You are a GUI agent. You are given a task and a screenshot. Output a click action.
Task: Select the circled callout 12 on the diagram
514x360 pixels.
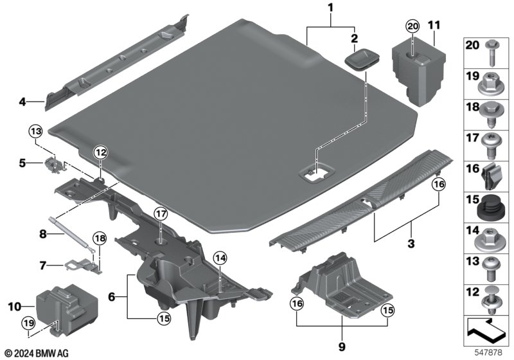[x=100, y=152]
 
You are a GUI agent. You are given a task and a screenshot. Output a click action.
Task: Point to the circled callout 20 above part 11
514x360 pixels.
[x=412, y=26]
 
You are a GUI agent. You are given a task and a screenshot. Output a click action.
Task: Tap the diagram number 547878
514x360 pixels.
[x=490, y=352]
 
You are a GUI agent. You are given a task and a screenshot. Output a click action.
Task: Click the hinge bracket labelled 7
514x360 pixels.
[x=80, y=265]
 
